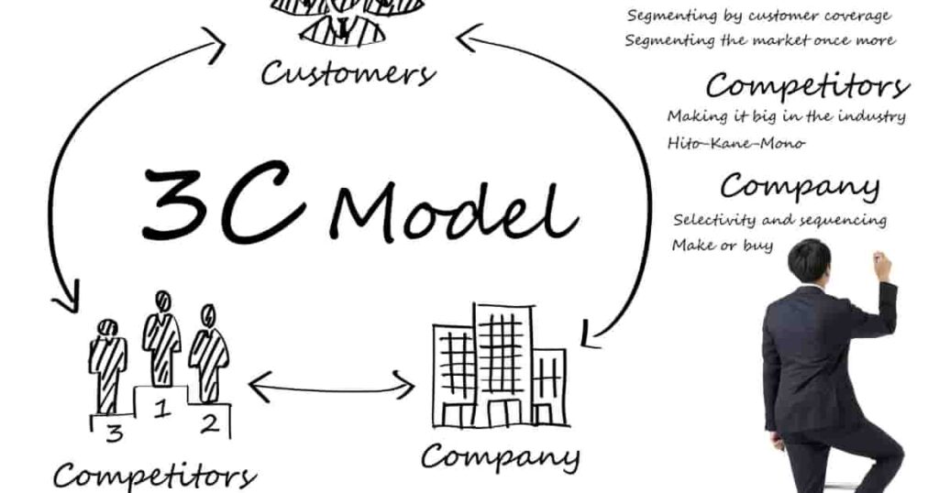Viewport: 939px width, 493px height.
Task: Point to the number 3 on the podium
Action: pyautogui.click(x=113, y=433)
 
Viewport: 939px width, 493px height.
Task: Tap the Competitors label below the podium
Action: pyautogui.click(x=154, y=475)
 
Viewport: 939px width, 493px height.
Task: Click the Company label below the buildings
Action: pyautogui.click(x=500, y=455)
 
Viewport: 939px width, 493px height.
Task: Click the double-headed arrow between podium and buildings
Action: pyautogui.click(x=332, y=386)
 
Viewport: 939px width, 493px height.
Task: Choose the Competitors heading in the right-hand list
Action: pyautogui.click(x=806, y=87)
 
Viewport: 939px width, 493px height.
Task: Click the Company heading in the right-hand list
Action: pyautogui.click(x=799, y=186)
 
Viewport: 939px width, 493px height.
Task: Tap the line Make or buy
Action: pyautogui.click(x=722, y=246)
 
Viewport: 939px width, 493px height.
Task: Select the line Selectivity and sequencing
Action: pyautogui.click(x=779, y=220)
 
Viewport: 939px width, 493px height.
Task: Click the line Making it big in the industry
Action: pyautogui.click(x=786, y=116)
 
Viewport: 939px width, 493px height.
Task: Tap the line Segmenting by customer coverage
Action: pyautogui.click(x=757, y=16)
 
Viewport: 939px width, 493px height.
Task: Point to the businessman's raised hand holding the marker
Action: pyautogui.click(x=881, y=266)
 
